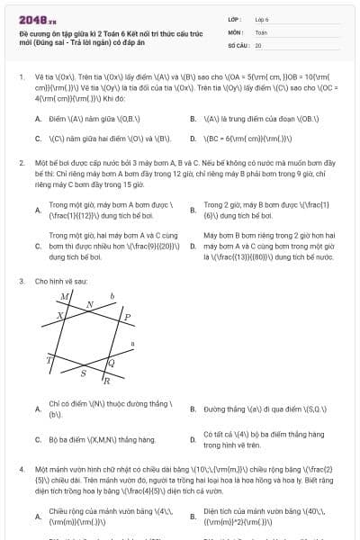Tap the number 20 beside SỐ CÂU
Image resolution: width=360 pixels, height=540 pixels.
[258, 44]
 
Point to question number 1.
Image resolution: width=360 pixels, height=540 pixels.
[21, 77]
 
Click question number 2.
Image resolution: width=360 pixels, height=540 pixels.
[21, 163]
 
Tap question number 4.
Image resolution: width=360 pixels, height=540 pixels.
[21, 470]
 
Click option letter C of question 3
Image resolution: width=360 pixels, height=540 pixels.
[38, 439]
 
